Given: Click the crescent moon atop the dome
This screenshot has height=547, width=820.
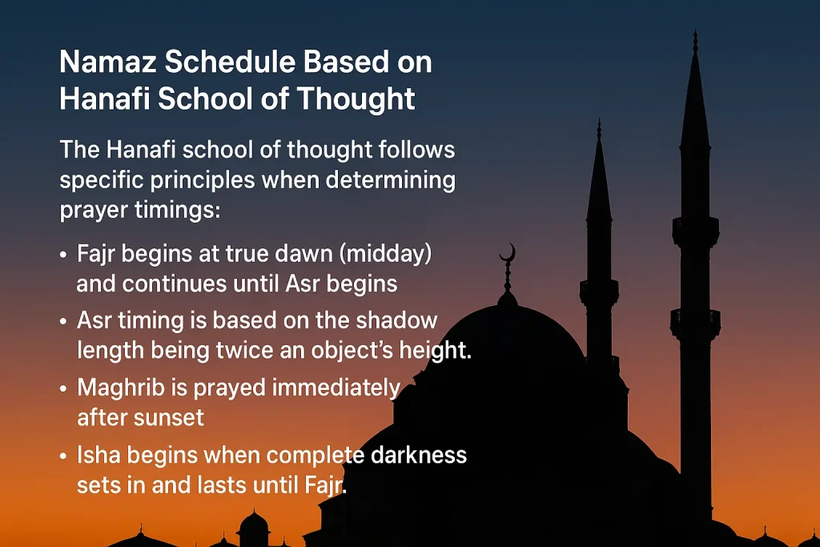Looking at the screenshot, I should coord(508,255).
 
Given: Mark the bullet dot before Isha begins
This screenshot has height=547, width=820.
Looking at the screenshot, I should coord(64,457).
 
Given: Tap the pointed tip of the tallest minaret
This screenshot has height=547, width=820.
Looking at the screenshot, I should coord(695,34).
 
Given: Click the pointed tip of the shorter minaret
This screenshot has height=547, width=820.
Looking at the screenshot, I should coord(598,122).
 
